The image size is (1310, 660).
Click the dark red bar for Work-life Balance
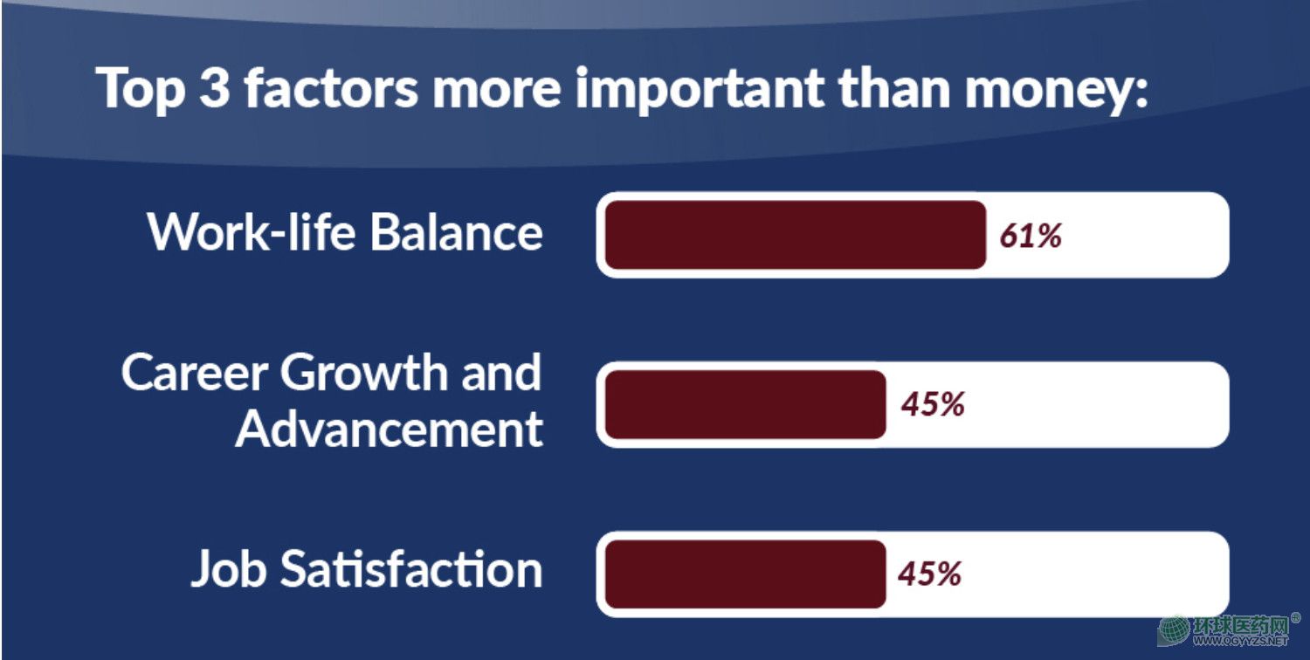point(796,235)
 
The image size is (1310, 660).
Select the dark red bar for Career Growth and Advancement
point(746,404)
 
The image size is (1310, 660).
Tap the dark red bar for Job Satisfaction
point(746,574)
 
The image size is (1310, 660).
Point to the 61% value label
point(1031,236)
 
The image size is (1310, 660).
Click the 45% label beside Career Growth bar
point(932,404)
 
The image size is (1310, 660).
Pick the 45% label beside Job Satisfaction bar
point(929,574)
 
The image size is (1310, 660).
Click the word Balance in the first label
point(457,232)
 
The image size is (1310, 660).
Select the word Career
point(195,373)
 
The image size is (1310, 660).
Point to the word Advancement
point(390,429)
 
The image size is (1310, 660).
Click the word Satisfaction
point(411,568)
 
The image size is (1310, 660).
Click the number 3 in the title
point(214,87)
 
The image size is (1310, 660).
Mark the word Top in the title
point(141,89)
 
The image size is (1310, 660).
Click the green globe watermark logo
point(1175,631)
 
